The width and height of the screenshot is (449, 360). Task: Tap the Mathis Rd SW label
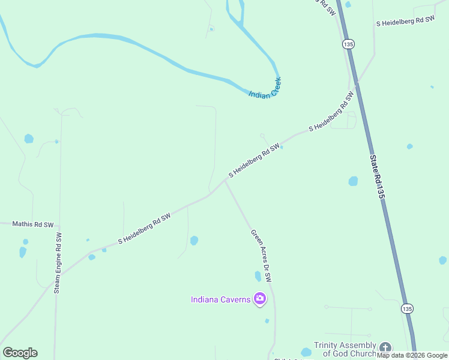coord(34,224)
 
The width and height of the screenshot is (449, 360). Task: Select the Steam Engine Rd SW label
coord(58,263)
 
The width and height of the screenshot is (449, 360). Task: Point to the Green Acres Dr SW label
coord(261,256)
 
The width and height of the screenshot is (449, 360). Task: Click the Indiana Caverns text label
coord(220,299)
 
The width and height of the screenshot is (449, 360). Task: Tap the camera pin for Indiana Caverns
coord(260,298)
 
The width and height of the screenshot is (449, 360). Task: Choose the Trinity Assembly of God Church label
coord(345,349)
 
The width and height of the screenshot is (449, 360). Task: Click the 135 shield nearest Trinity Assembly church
coord(408,308)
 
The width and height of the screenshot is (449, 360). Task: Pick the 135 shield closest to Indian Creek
coord(348,44)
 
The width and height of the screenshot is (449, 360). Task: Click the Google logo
coord(20,353)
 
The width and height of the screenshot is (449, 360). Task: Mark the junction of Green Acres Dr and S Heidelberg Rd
coord(224,182)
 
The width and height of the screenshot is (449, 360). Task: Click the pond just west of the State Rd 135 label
coord(353,181)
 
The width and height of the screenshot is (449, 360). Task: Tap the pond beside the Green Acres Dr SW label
coord(258,276)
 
